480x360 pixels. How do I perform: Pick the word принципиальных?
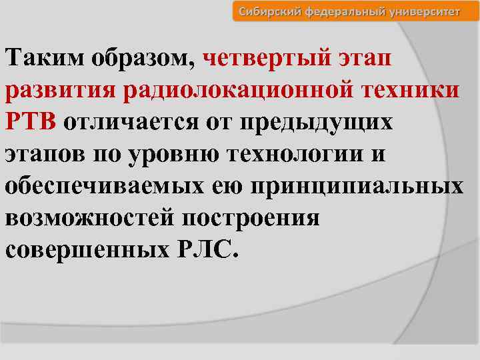pos(357,185)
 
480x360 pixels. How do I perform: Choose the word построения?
pos(255,217)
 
